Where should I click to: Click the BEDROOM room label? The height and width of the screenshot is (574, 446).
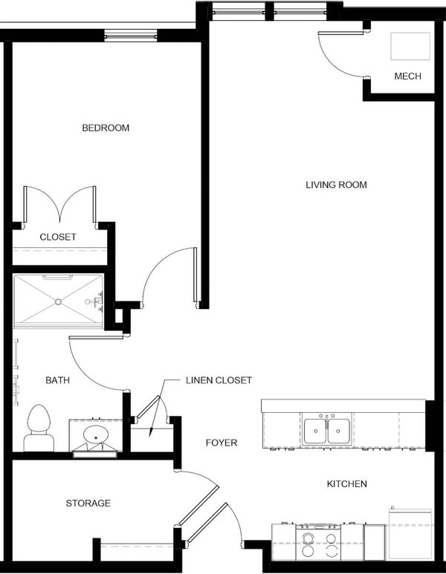[106, 128]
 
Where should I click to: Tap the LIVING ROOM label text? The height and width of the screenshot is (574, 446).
[336, 184]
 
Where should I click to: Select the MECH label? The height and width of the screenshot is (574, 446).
[407, 76]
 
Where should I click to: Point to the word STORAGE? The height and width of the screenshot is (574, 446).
[88, 503]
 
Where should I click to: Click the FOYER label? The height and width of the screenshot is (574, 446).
[222, 443]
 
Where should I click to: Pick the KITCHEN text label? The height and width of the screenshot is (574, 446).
[346, 483]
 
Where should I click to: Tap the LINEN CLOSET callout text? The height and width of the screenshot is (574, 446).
[219, 380]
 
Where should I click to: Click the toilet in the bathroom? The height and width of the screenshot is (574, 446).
[39, 428]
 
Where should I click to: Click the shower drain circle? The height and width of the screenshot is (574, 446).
[58, 301]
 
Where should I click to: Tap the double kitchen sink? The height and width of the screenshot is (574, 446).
[326, 429]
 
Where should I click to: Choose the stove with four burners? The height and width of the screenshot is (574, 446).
[318, 542]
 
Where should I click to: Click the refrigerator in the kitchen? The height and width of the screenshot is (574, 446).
[410, 534]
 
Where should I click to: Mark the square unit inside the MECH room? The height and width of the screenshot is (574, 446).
[410, 46]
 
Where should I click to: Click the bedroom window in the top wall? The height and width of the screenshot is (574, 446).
[131, 36]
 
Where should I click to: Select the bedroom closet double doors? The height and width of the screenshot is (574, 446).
[59, 205]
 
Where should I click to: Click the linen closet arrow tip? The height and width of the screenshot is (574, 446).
[149, 437]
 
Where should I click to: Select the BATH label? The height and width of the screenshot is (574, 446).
[57, 380]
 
